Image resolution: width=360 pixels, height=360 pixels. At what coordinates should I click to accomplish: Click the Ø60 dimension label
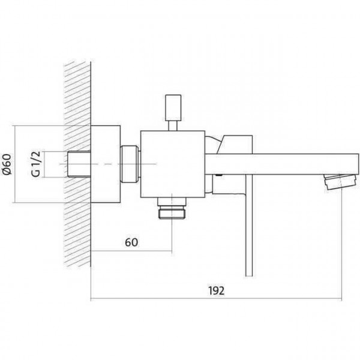click(x=7, y=164)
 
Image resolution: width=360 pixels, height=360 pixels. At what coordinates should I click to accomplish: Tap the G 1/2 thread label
click(x=36, y=164)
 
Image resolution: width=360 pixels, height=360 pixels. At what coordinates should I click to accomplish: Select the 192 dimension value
click(x=216, y=290)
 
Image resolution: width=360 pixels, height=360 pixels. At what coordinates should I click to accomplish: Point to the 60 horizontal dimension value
click(x=131, y=242)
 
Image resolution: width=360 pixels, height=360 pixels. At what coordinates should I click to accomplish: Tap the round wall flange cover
click(x=106, y=164)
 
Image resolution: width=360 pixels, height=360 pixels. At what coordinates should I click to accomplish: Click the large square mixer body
click(x=173, y=164)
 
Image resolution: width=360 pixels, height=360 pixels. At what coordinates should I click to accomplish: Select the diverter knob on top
click(x=173, y=107)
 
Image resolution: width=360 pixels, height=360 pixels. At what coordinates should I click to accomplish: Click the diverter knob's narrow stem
click(x=173, y=126)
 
